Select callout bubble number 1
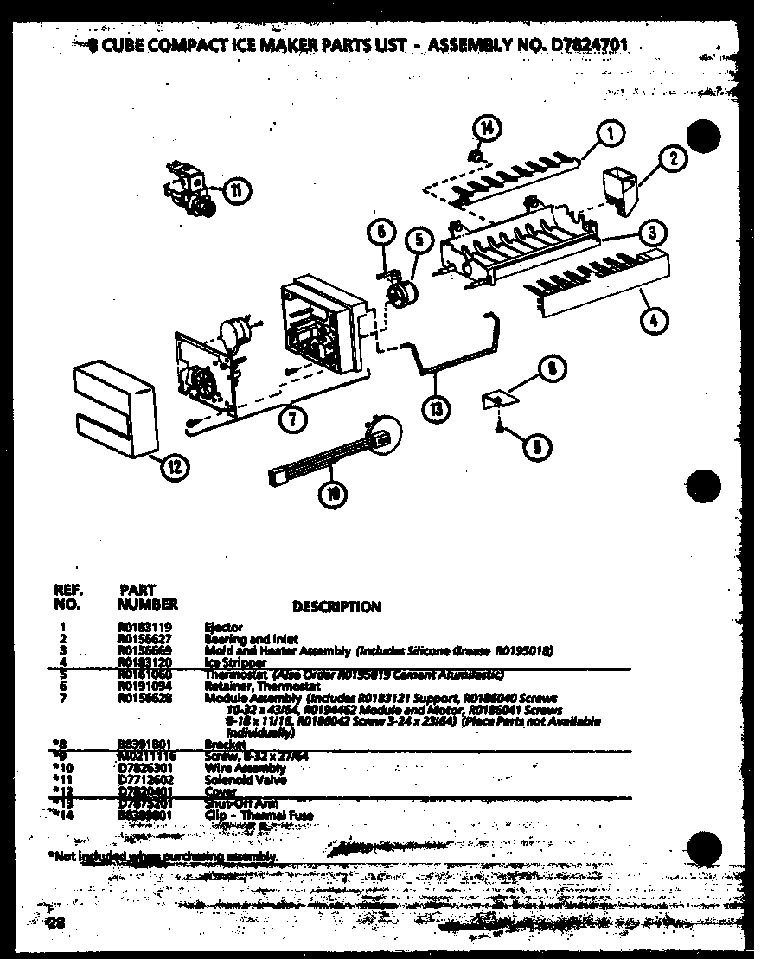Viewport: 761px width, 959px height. [x=611, y=133]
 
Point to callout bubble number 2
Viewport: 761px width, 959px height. [x=673, y=157]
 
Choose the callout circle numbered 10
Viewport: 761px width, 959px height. [x=333, y=494]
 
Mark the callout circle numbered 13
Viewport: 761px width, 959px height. [x=438, y=406]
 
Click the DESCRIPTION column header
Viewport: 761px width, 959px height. [x=336, y=606]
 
